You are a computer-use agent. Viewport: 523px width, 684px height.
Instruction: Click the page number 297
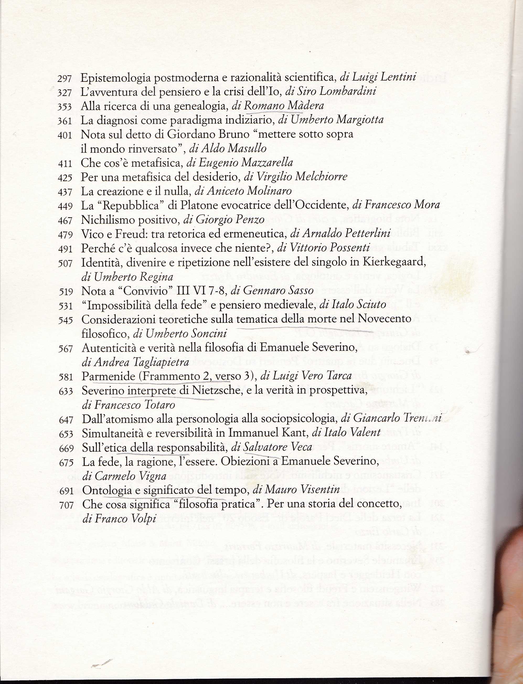[x=65, y=78]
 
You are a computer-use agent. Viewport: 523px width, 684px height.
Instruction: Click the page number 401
[x=65, y=135]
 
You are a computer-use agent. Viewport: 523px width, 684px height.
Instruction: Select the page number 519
[x=66, y=292]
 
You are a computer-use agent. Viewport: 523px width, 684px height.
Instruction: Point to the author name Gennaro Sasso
[x=278, y=291]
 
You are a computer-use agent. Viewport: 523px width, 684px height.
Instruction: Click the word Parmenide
[x=108, y=377]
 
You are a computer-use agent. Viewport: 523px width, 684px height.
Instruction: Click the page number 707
[x=66, y=505]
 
